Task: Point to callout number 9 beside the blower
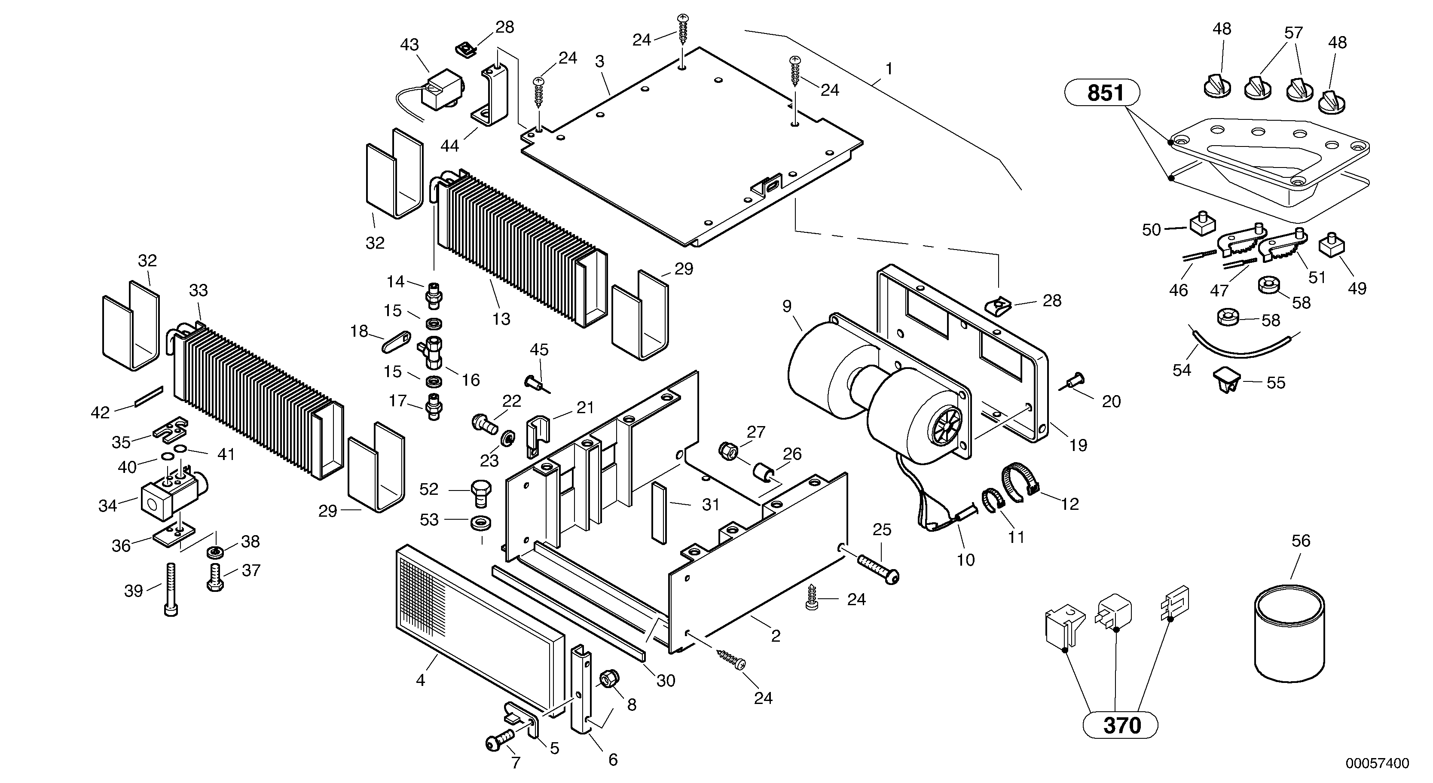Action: click(x=787, y=306)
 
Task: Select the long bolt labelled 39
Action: click(x=170, y=589)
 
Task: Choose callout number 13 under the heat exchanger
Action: click(x=501, y=319)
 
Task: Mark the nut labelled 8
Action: click(x=607, y=679)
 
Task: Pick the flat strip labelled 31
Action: click(x=659, y=512)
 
